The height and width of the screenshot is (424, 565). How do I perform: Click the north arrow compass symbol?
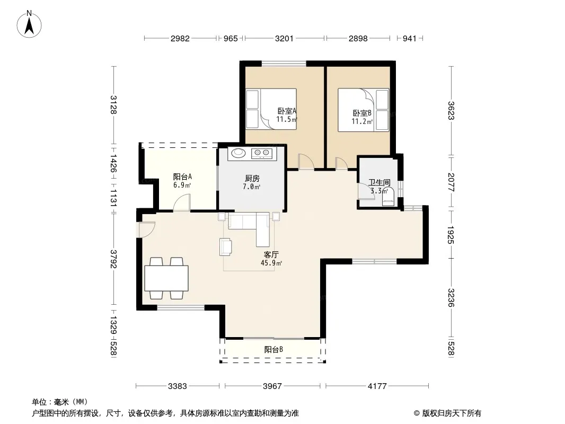point(29,24)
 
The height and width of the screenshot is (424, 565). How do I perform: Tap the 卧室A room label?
point(287,111)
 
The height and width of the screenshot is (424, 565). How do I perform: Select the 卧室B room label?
point(362,113)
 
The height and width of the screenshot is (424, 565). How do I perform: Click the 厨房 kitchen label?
point(252,178)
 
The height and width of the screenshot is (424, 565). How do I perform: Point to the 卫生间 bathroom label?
point(379,183)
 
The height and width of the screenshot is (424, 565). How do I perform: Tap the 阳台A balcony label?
point(182,176)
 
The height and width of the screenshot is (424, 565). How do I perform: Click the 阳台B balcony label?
point(273,349)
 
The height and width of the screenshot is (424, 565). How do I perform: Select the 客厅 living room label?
point(271,255)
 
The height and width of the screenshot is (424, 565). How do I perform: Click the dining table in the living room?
point(166,278)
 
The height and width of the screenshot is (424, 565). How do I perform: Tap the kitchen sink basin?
point(238,153)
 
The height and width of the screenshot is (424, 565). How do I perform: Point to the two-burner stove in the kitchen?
point(262,153)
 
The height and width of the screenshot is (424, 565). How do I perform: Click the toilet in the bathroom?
point(388,197)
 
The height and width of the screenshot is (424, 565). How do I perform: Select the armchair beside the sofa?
point(226,247)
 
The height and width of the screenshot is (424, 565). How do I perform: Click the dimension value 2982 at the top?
point(180,38)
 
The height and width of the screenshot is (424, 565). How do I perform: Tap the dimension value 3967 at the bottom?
point(272,386)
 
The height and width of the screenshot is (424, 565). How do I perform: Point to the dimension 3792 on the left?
point(114,259)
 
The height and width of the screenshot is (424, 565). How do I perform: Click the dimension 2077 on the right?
point(451,182)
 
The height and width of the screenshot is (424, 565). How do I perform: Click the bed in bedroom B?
point(363,110)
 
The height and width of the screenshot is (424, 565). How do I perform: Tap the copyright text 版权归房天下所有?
point(452,413)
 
